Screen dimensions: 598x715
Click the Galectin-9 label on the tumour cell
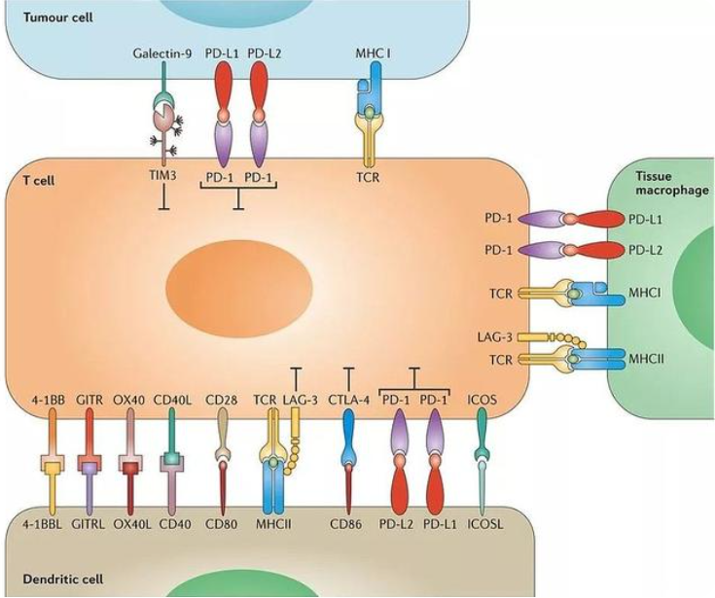160,51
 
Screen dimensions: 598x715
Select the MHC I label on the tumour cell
374,51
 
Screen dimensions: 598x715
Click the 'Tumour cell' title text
43,18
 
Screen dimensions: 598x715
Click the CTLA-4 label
349,400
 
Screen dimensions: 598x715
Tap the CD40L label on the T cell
175,400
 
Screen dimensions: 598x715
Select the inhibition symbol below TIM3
162,205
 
